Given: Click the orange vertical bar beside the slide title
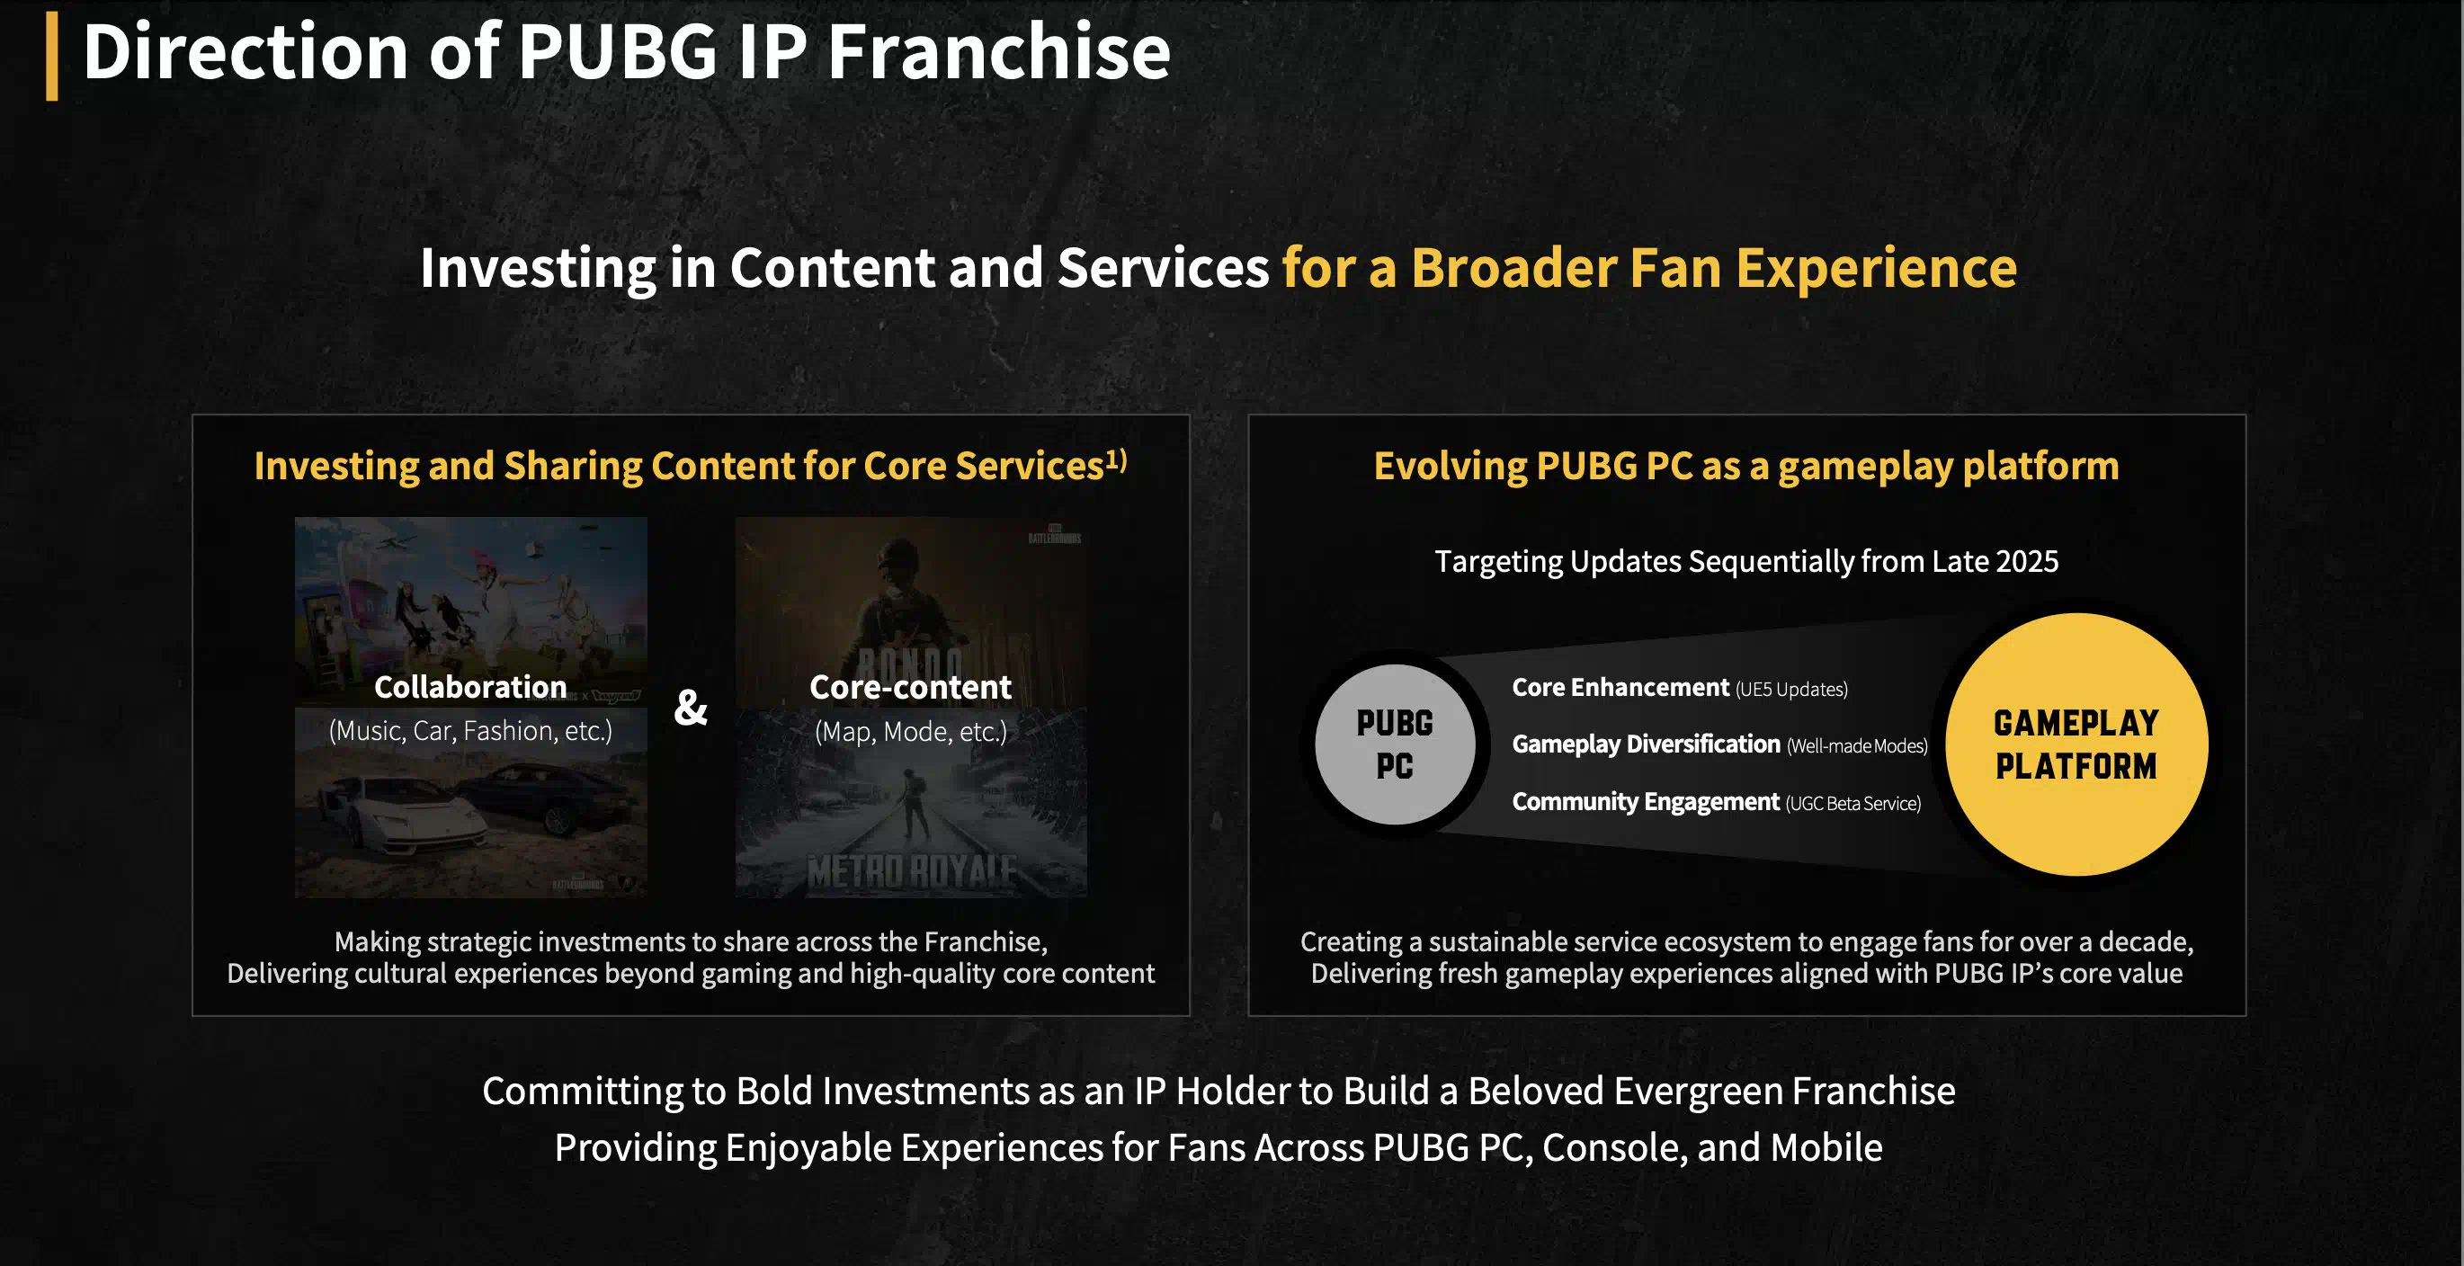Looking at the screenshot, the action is [x=51, y=57].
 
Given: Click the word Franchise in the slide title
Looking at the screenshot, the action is [x=998, y=51].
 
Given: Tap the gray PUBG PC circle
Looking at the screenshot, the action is [x=1395, y=744].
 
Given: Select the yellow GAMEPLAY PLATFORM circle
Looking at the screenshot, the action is [x=2076, y=744].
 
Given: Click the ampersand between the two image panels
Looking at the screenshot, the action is [x=691, y=707].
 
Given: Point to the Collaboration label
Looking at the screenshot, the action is [x=470, y=687].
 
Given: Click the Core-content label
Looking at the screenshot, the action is [x=911, y=687].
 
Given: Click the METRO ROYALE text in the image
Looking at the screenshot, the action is [x=912, y=871].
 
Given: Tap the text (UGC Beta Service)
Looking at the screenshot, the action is [x=1852, y=803].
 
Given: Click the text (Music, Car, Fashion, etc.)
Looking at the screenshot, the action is [x=470, y=732].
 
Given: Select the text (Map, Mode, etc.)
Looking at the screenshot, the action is [x=911, y=732].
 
